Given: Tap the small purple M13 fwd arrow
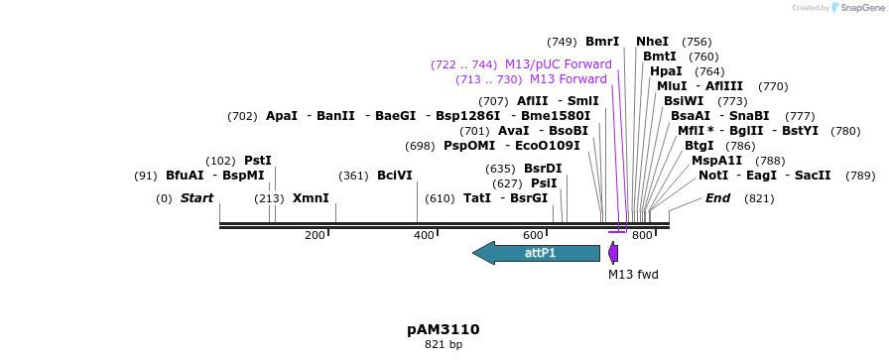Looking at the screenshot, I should click(613, 253).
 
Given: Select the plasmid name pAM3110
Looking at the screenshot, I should click(444, 329).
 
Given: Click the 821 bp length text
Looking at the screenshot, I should click(444, 345).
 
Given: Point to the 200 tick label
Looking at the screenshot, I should click(315, 235).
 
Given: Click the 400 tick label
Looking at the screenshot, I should click(424, 235).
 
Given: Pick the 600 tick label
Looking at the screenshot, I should click(533, 235).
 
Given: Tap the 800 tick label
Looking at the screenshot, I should click(642, 235).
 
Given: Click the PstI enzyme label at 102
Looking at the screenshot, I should click(258, 161).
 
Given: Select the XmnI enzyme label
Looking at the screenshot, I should click(311, 198).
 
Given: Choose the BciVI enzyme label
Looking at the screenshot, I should click(395, 176).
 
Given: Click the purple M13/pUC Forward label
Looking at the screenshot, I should click(559, 64).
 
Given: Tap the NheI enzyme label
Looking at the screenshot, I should click(653, 42).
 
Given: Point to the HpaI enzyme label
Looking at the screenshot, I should click(666, 71).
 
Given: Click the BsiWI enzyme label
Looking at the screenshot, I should click(684, 101).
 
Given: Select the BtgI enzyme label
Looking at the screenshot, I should click(699, 146).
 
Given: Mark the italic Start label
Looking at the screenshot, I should click(196, 198).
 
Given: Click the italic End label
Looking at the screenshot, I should click(717, 198).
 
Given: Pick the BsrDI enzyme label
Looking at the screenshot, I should click(543, 169).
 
